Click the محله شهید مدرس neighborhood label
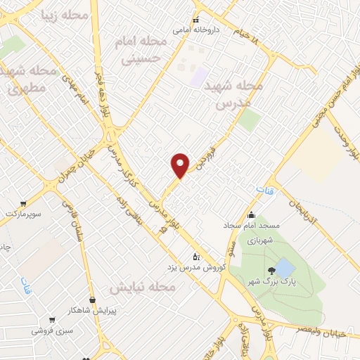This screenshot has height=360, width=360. (233, 94)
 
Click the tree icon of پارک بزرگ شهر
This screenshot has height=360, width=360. (271, 271)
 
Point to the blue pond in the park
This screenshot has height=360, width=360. (284, 268)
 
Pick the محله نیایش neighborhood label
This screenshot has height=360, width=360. (142, 288)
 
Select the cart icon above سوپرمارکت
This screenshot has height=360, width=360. (25, 202)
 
